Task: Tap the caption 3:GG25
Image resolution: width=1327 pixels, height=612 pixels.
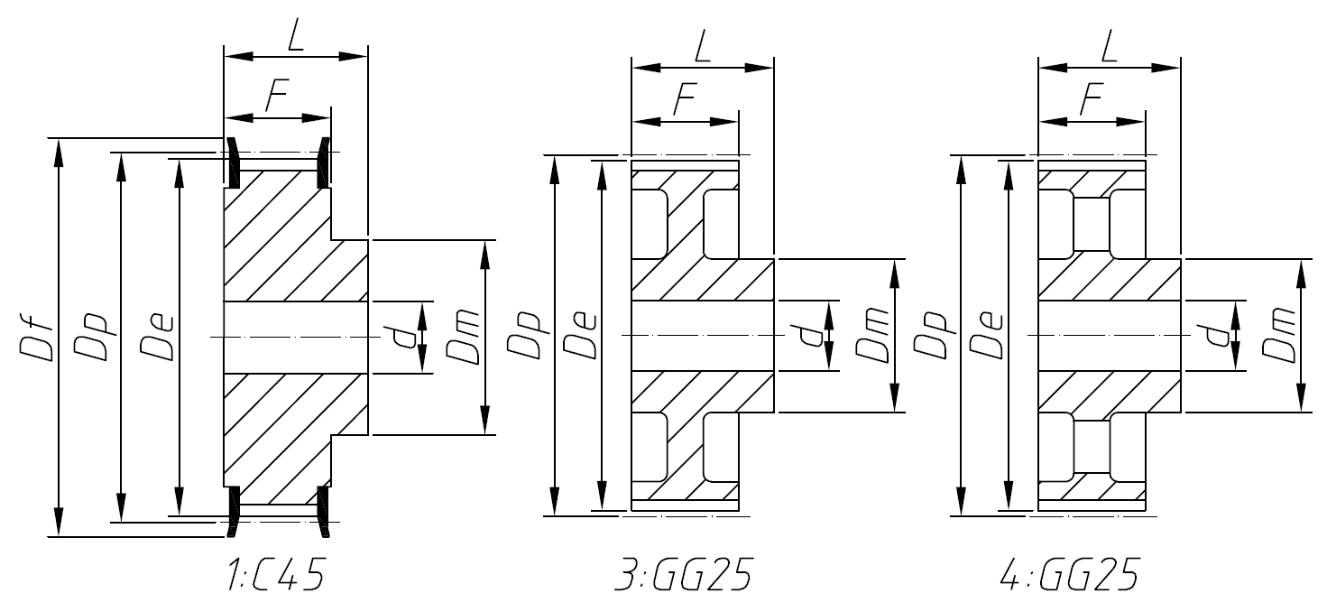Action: coord(682,575)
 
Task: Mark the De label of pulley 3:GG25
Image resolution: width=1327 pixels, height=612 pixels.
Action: coord(580,335)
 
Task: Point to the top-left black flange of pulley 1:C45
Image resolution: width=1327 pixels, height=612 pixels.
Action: coord(232,162)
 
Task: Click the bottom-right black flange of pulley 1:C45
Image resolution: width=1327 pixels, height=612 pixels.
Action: coord(322,512)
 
